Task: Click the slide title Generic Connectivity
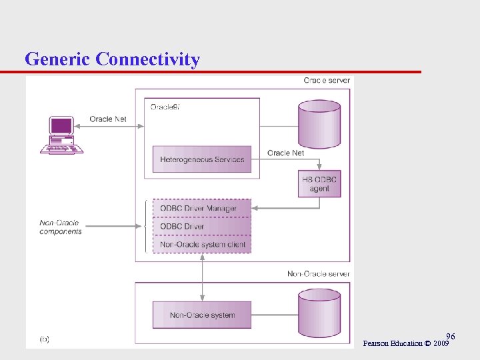tap(112, 59)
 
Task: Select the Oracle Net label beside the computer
tap(108, 119)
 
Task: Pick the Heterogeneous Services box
tap(202, 159)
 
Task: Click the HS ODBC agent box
tap(319, 184)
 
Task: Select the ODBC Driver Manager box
tap(202, 209)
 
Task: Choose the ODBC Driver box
tap(202, 227)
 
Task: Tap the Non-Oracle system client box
tap(202, 245)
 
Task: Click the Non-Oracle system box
tap(202, 315)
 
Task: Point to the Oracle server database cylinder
tap(319, 124)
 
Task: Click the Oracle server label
tap(326, 81)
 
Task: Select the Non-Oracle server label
tap(318, 274)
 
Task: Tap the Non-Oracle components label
tap(61, 227)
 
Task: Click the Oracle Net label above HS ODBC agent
tap(285, 153)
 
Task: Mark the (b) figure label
tap(44, 339)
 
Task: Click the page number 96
tap(451, 336)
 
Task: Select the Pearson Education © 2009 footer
tap(405, 343)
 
